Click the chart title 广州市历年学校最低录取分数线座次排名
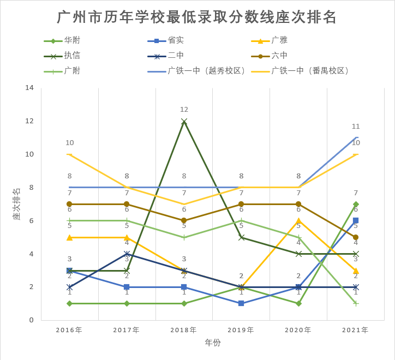197,17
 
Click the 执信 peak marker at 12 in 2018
184,121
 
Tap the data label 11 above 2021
356,127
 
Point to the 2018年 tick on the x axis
184,330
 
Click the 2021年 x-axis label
355,330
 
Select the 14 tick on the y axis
29,88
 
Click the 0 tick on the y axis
32,320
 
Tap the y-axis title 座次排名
16,203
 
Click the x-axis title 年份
213,343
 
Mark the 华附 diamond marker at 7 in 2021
356,204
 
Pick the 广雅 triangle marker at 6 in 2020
298,220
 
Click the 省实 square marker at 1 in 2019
241,303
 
